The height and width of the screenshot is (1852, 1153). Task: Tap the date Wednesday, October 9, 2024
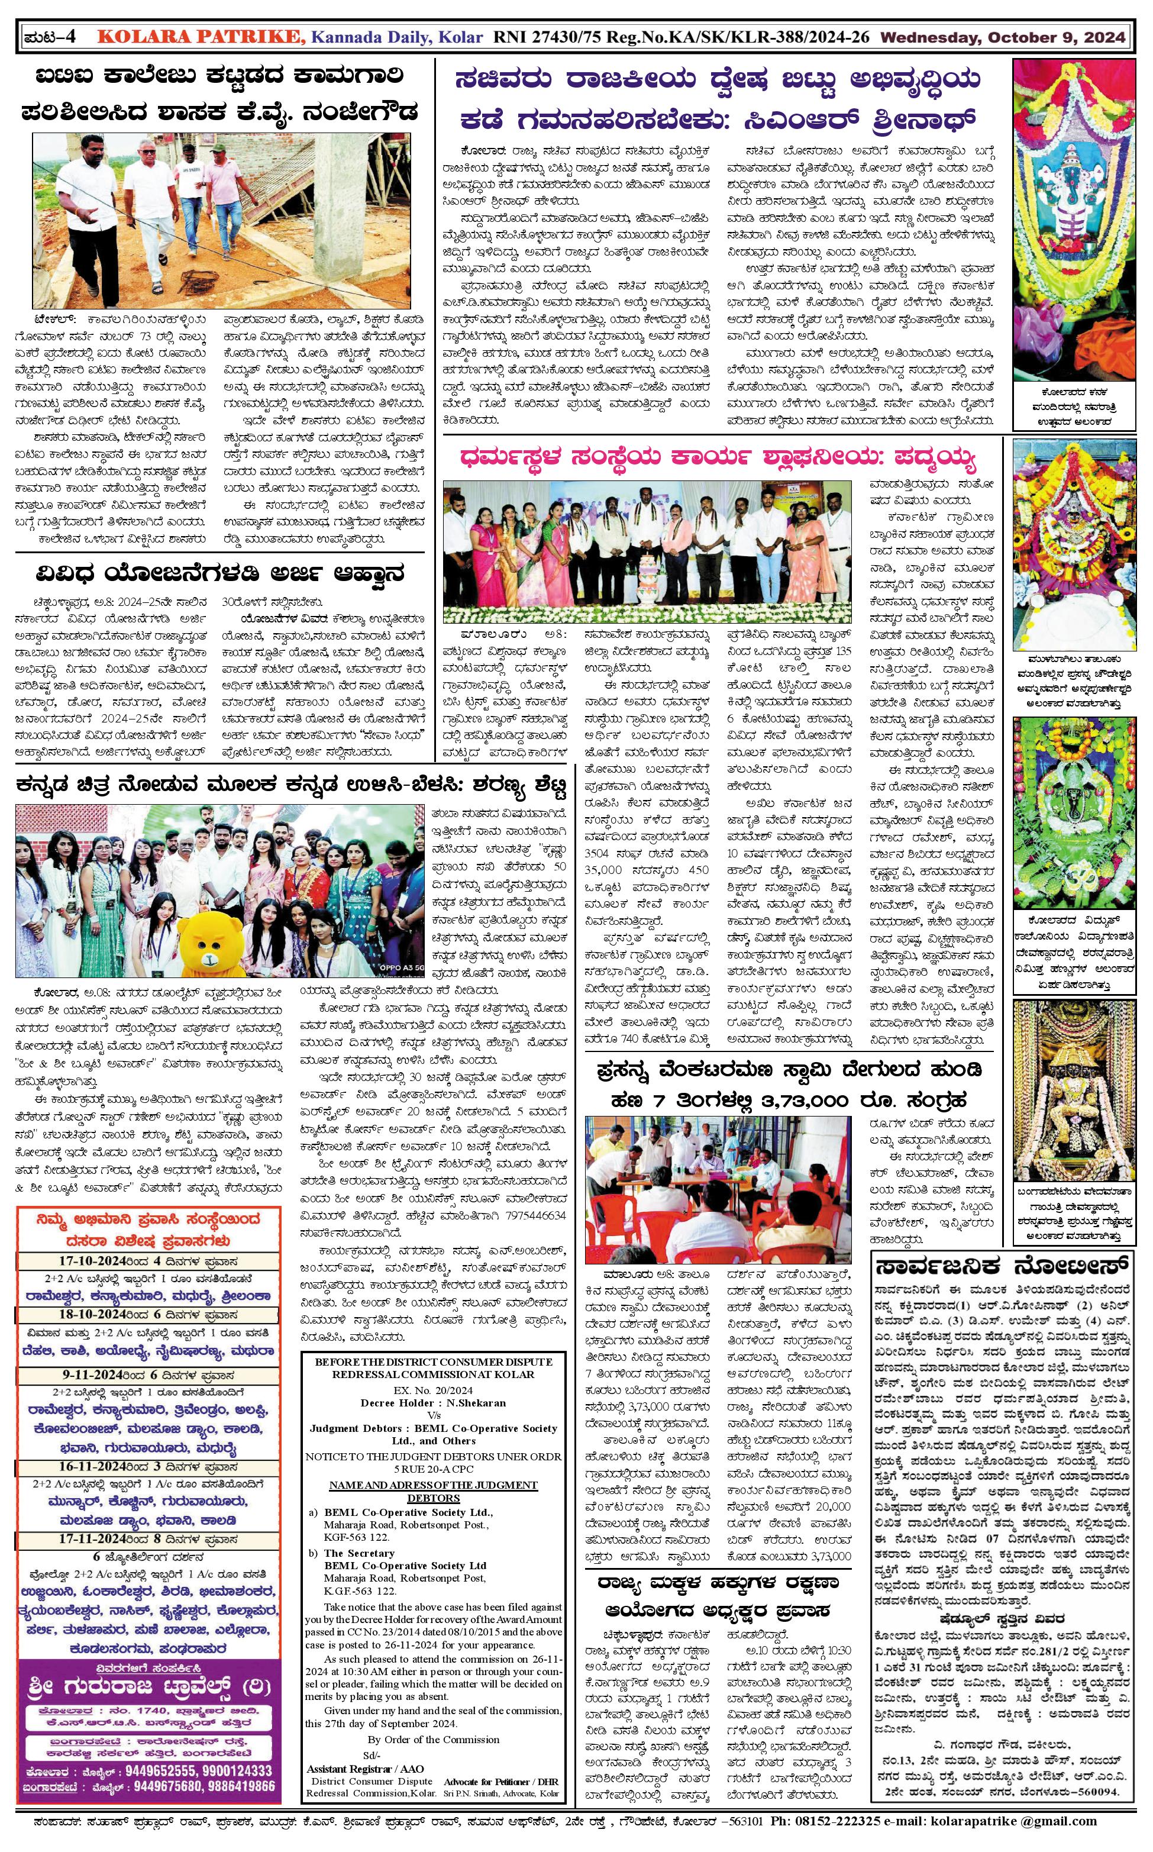click(x=1003, y=37)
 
